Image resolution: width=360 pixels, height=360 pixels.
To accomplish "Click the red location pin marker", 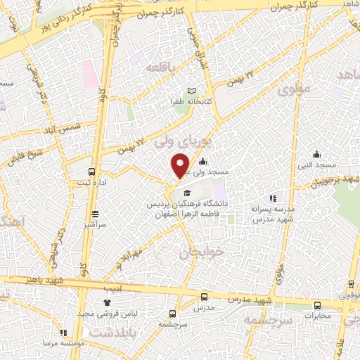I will point(181,165).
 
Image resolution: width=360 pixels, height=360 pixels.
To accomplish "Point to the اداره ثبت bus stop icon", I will point(91,172).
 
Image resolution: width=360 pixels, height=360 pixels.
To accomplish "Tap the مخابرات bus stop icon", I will point(317,306).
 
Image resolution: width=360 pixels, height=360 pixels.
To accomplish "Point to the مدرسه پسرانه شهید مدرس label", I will point(276,215).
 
